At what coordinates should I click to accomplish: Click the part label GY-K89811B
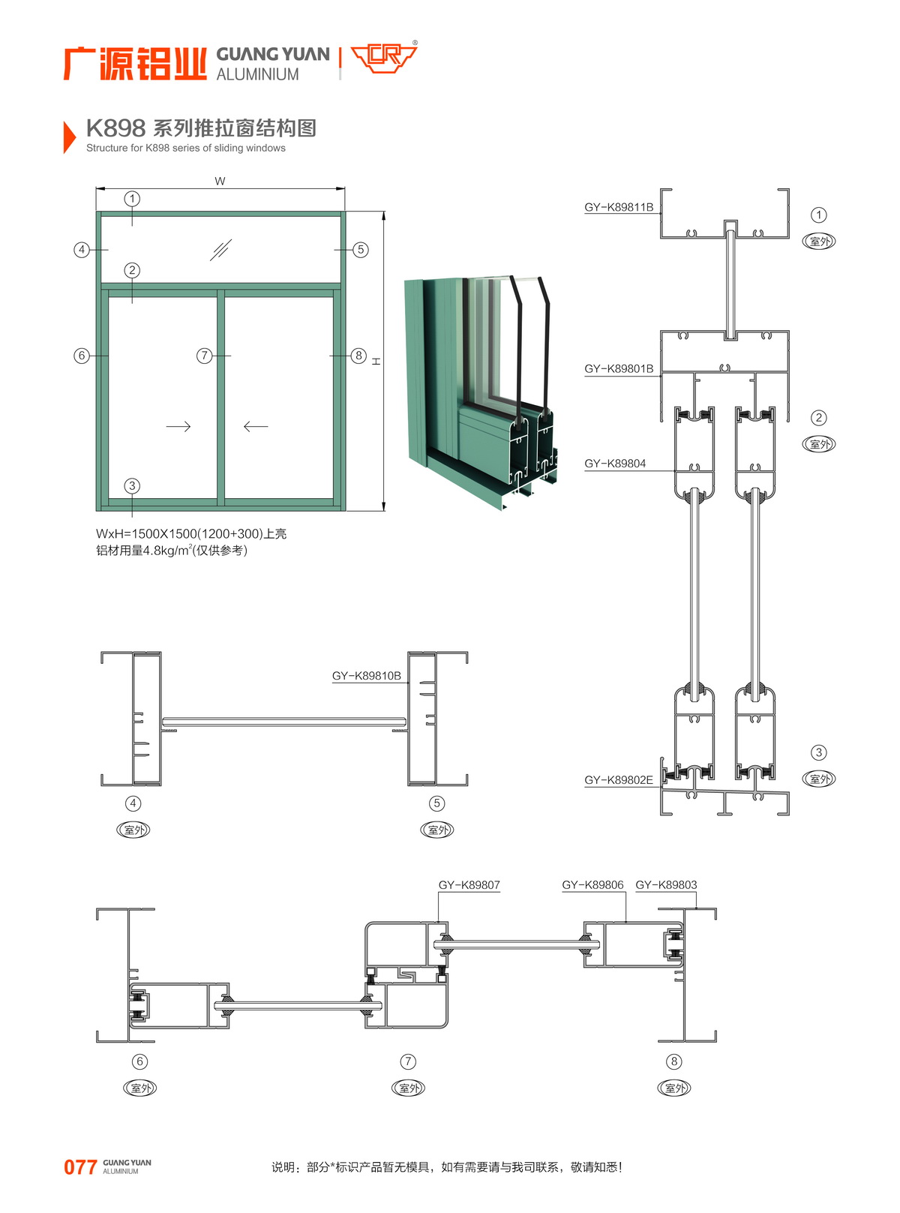pos(619,208)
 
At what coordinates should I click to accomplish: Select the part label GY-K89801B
pos(619,369)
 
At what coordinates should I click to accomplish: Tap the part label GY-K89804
pos(615,464)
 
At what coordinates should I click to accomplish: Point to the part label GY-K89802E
pos(619,780)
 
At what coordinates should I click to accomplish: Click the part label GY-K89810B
pos(367,676)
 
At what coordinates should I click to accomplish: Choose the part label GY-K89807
pos(469,885)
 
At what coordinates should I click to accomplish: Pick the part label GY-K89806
pos(592,885)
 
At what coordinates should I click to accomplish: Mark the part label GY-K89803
pos(666,885)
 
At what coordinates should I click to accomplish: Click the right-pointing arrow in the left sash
pos(178,427)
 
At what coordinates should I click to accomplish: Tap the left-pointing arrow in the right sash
pos(256,427)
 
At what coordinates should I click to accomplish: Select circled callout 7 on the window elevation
pos(204,356)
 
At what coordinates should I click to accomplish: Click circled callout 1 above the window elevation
pos(132,199)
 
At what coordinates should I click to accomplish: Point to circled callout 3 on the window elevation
pos(132,486)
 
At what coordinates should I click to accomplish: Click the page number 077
pos(80,1167)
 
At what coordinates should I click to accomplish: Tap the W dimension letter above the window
pos(220,182)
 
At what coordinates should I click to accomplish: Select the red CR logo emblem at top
pos(384,58)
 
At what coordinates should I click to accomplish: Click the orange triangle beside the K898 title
pos(69,137)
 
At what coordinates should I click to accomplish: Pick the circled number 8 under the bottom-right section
pos(674,1061)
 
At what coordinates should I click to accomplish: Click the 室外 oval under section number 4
pos(133,830)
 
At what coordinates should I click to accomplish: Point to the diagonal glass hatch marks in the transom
pos(220,250)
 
